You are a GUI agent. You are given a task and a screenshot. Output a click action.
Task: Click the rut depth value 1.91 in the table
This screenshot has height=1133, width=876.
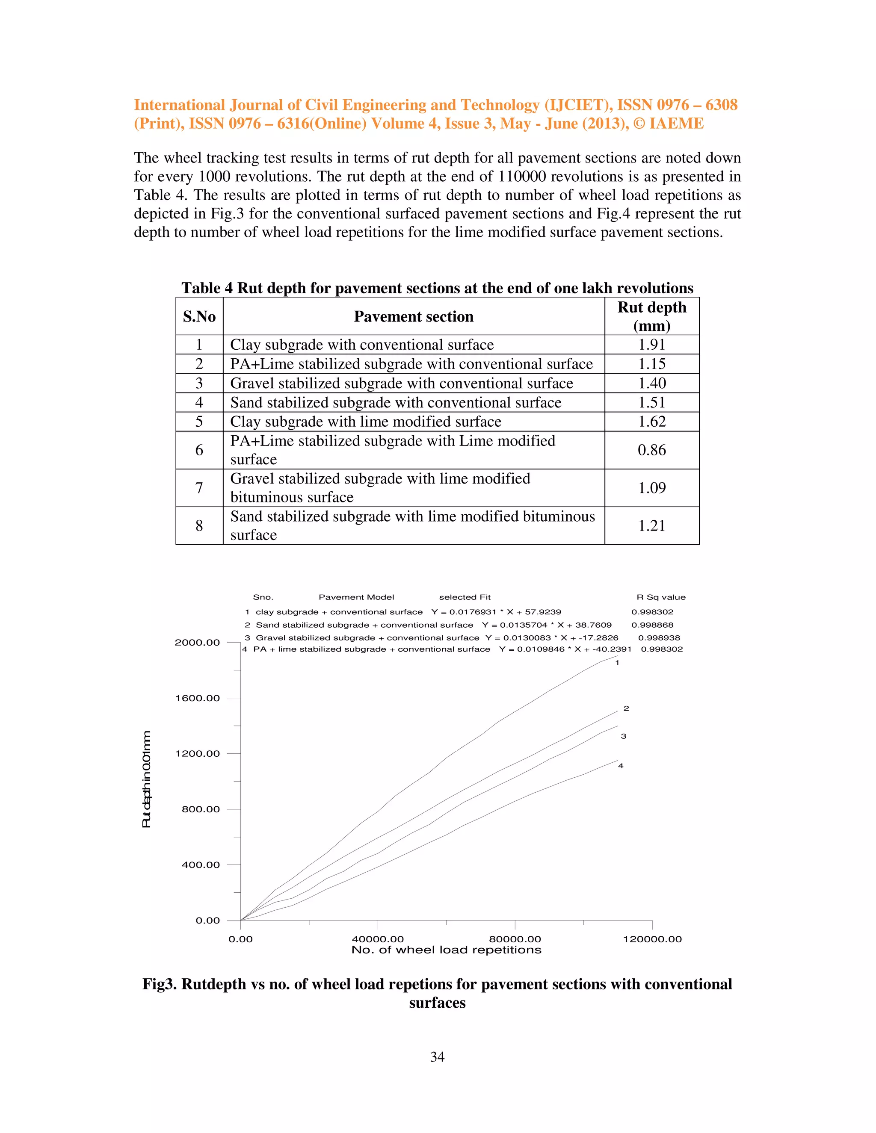651,345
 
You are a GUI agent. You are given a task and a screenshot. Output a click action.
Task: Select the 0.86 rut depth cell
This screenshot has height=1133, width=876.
651,450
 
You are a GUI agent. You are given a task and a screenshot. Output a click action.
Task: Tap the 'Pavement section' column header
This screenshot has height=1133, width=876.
414,316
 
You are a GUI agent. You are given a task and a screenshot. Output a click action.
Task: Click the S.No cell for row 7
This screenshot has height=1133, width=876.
199,488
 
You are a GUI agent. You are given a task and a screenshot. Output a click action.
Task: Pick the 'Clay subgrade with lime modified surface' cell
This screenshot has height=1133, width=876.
365,421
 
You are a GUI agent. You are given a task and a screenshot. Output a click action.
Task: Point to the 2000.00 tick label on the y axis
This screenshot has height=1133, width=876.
197,642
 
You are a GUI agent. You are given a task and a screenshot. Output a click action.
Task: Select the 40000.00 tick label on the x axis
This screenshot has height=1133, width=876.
377,939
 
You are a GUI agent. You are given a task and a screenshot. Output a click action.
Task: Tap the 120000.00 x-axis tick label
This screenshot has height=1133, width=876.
652,939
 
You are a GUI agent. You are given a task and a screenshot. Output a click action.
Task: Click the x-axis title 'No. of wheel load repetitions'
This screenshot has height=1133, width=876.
446,950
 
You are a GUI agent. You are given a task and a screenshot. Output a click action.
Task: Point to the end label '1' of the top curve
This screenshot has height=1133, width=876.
617,662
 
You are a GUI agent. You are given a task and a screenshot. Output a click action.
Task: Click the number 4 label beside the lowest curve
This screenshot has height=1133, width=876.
620,766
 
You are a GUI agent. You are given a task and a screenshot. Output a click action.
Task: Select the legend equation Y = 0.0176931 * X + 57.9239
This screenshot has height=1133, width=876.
496,612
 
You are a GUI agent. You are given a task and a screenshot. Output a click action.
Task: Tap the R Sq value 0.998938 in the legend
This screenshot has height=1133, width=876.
659,637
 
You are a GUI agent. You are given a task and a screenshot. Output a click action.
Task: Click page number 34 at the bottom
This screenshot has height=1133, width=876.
437,1057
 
